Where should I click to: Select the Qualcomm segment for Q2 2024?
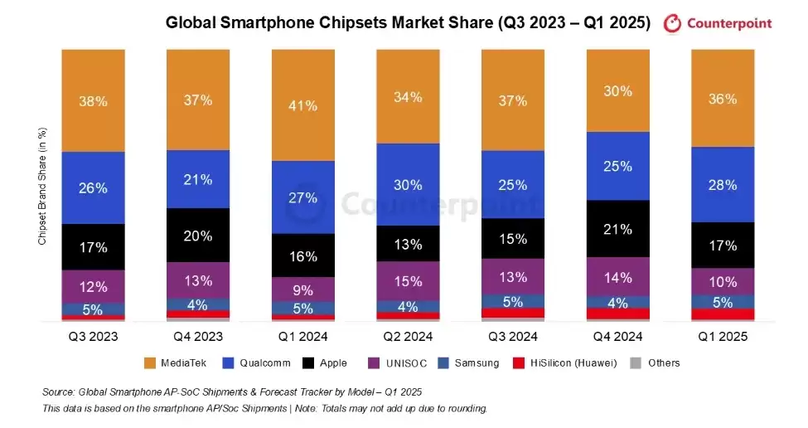[408, 184]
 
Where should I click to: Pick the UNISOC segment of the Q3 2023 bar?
[93, 286]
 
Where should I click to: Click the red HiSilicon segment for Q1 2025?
[723, 314]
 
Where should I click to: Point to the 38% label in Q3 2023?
[93, 101]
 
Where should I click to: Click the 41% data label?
[303, 105]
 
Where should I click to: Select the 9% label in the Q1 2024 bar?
[303, 289]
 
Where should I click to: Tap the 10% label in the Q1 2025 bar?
[723, 281]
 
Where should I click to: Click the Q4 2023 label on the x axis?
[198, 337]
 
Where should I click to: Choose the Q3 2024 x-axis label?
[513, 337]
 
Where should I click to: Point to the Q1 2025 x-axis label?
[723, 337]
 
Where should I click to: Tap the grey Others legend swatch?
[636, 362]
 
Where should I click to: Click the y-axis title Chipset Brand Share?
[42, 186]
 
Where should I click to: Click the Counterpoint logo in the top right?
[718, 23]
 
